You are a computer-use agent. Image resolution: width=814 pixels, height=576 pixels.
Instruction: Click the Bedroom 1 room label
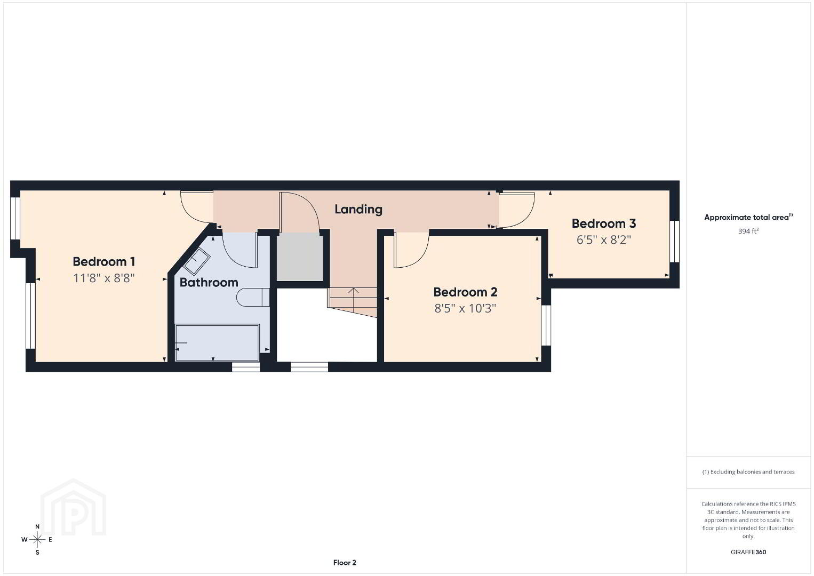point(104,262)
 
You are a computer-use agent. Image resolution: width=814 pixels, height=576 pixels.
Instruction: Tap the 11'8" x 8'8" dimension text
point(104,278)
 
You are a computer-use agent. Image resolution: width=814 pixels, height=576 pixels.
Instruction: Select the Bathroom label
point(209,282)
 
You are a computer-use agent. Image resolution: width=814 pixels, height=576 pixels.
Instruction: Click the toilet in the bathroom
point(253,297)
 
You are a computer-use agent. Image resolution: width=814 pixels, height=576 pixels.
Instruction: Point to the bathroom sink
point(197,261)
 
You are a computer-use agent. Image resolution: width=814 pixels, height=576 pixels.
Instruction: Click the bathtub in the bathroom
point(217,343)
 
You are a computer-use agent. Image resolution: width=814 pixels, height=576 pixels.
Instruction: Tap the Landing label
point(358,209)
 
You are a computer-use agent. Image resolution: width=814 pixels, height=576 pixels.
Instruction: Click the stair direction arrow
point(353,300)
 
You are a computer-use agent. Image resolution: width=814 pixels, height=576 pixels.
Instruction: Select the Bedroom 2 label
point(465,292)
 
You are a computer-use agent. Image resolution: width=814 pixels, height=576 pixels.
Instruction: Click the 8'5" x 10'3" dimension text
point(465,308)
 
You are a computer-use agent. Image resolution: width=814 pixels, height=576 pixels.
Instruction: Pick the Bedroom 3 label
point(604,223)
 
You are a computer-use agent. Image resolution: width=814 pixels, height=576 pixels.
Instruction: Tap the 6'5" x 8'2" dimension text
point(604,240)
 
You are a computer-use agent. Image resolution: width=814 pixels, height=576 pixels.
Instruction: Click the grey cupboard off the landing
point(300,257)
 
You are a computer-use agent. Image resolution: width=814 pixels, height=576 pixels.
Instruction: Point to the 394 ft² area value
point(748,231)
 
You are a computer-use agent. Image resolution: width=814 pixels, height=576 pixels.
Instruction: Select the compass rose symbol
point(37,540)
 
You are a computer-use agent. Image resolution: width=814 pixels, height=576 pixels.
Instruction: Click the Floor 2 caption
point(345,563)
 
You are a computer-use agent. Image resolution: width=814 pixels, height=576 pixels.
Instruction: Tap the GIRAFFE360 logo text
point(748,552)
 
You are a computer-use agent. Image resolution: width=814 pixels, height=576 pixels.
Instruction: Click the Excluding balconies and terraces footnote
point(748,472)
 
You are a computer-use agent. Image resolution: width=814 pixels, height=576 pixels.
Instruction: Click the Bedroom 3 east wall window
point(674,241)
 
